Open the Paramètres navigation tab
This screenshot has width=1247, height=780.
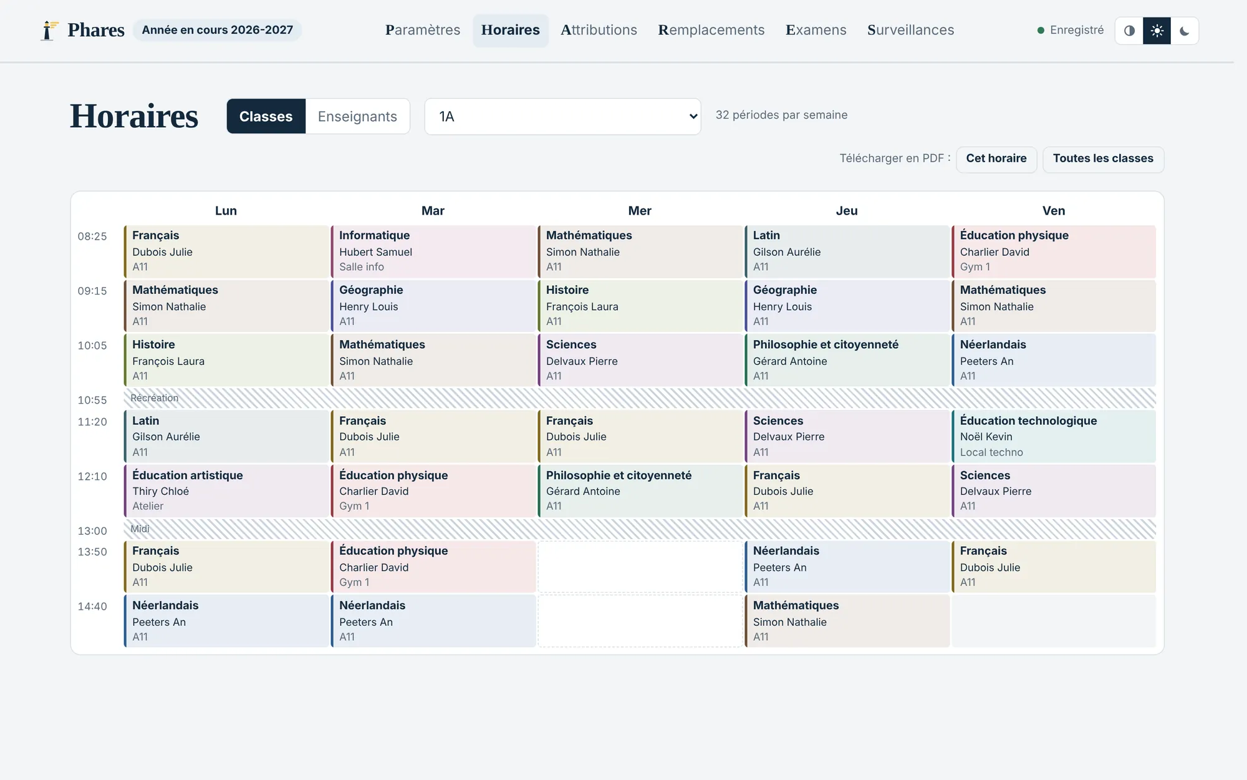click(423, 30)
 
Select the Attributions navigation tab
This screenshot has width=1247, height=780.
click(599, 30)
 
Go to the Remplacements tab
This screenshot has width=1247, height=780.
click(711, 30)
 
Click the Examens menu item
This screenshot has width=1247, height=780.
click(816, 30)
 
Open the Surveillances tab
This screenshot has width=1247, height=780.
click(910, 30)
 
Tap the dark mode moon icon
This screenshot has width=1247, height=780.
click(1185, 31)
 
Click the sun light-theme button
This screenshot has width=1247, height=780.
click(1157, 31)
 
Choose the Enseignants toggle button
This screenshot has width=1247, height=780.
click(357, 116)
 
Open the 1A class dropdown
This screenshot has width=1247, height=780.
click(562, 116)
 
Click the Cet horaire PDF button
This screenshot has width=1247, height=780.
click(996, 159)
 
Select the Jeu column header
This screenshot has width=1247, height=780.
click(847, 211)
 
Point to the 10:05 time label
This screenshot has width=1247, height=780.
click(92, 346)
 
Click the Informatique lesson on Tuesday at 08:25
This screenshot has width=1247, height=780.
click(433, 251)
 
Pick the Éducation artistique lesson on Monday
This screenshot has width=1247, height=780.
click(226, 491)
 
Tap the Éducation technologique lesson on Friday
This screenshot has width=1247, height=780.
click(1054, 436)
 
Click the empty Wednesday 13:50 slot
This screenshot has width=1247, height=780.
click(640, 567)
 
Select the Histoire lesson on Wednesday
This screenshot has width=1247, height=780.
click(640, 306)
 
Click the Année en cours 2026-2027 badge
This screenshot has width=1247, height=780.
click(217, 30)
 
